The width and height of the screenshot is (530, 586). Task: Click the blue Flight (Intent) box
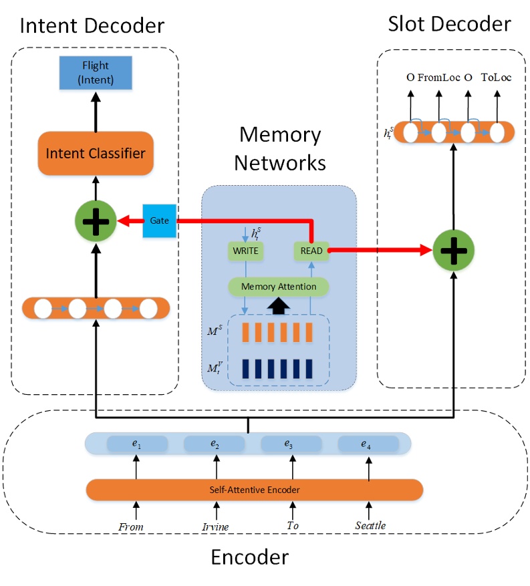(95, 74)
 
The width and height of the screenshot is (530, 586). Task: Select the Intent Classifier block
(95, 154)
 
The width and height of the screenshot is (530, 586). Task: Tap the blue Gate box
(159, 221)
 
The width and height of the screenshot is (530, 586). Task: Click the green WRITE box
(246, 251)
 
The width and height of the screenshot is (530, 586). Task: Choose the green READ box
(311, 251)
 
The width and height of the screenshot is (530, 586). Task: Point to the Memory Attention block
(278, 287)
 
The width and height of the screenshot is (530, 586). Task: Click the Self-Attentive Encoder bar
(254, 490)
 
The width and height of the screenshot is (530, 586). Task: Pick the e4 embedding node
(368, 444)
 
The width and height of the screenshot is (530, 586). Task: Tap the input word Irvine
(215, 527)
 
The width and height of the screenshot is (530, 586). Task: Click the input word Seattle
(370, 526)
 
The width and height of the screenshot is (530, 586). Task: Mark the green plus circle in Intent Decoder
(95, 221)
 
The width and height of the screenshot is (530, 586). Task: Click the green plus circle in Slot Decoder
(454, 251)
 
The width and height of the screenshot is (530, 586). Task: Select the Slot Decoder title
(449, 25)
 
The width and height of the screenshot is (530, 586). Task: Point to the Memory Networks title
(279, 148)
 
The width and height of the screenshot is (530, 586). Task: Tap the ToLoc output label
(496, 78)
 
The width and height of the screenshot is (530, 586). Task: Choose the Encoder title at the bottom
(249, 557)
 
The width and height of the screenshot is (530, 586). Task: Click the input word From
(131, 527)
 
